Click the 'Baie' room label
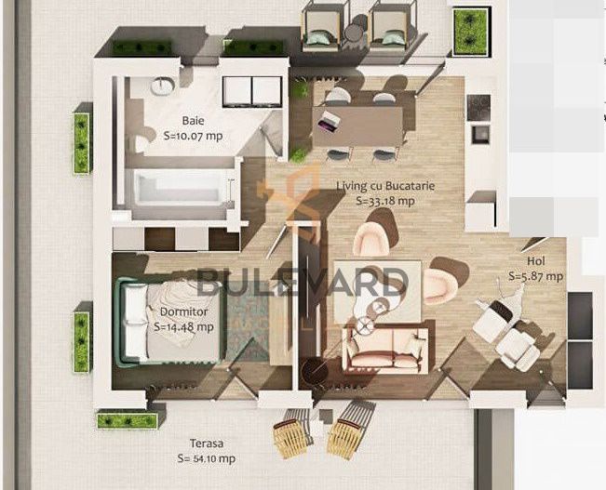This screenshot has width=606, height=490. click(x=193, y=121)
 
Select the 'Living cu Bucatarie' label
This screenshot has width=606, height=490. click(x=385, y=186)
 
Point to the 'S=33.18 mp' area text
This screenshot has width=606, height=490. click(x=385, y=199)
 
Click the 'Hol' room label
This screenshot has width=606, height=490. click(x=534, y=262)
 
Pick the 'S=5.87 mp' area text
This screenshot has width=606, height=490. click(x=535, y=276)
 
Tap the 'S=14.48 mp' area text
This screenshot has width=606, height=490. click(x=184, y=326)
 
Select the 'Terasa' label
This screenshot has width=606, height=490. click(x=206, y=444)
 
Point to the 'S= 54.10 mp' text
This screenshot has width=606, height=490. click(x=207, y=458)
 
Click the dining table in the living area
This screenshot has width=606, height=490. click(x=361, y=126)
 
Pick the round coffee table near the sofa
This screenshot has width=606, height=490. click(x=365, y=324)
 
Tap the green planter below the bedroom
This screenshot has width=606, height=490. click(x=127, y=420)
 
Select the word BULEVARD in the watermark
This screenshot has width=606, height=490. click(x=303, y=281)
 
